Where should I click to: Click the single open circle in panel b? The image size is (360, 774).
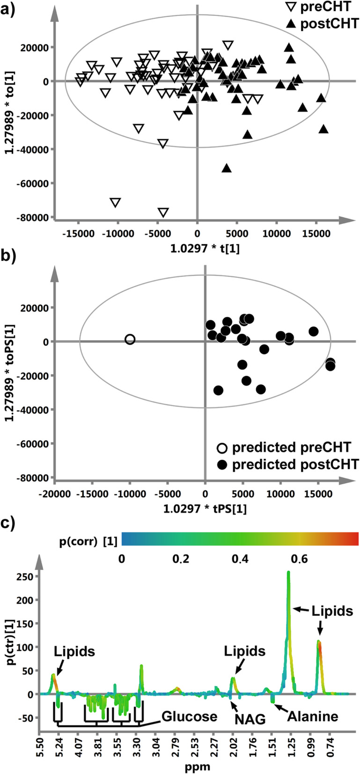130,339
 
